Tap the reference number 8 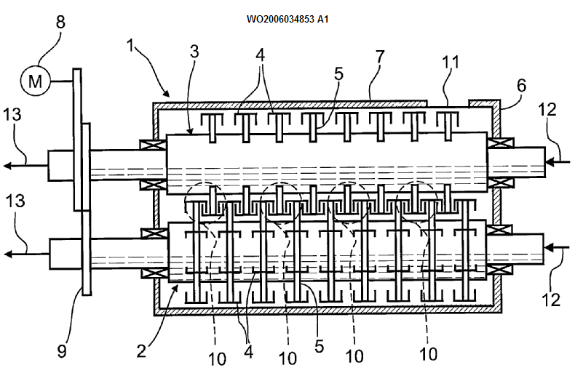pos(60,22)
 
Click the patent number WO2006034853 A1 pos(287,20)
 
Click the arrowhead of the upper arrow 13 pos(7,166)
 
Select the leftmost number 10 pos(217,358)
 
